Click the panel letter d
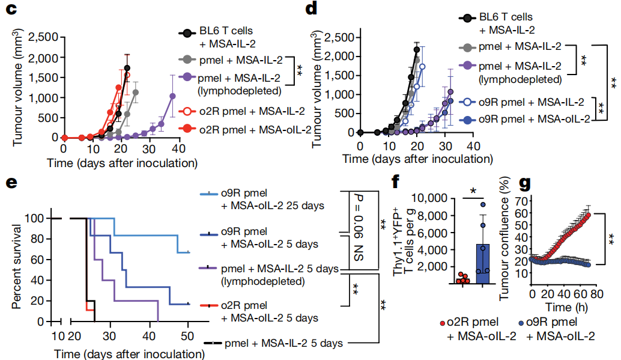[x=311, y=9]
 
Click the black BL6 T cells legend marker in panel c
[x=189, y=32]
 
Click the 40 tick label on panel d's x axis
[x=473, y=146]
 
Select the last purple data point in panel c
[x=173, y=96]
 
